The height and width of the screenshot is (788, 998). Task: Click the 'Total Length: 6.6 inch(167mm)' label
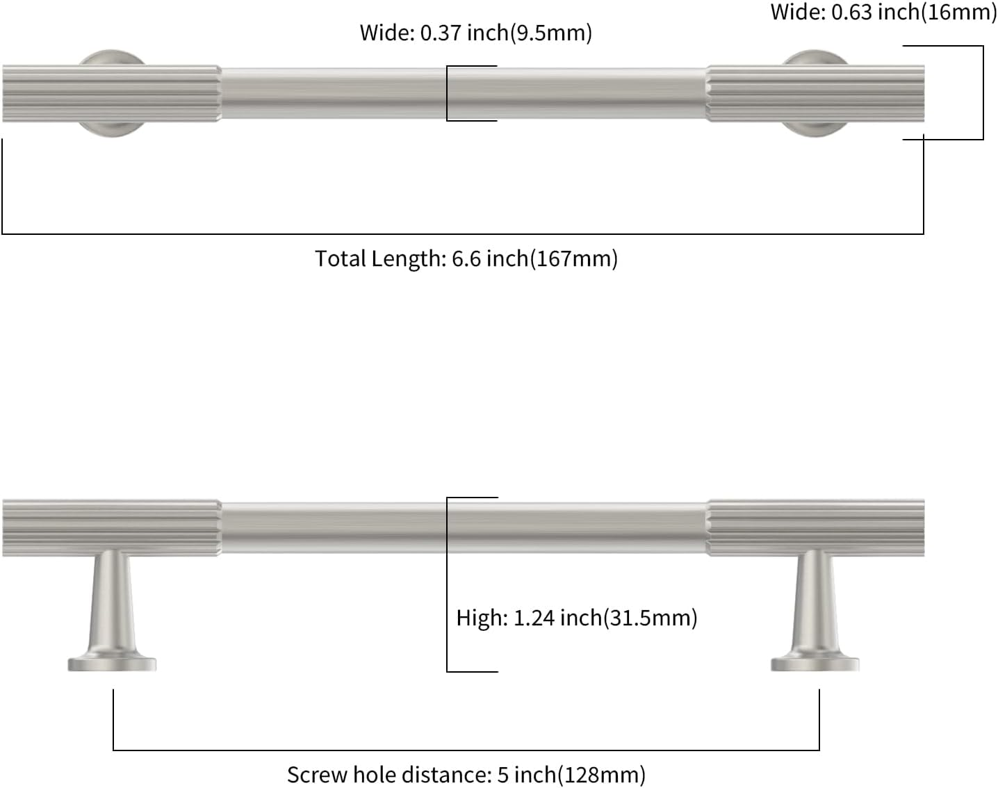point(466,258)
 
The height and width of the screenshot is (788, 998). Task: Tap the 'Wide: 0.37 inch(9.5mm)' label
point(475,33)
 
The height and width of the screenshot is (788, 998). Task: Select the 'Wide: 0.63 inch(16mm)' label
point(883,12)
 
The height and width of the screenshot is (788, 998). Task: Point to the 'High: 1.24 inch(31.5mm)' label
point(576,618)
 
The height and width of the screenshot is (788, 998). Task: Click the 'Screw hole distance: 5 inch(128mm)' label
point(466,774)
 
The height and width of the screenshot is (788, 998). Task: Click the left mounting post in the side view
point(112,605)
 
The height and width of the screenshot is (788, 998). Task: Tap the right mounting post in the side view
point(815,605)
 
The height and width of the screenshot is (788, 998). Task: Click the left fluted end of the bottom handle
point(111,527)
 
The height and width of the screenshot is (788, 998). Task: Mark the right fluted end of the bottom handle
point(815,527)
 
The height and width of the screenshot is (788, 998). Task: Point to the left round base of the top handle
point(111,129)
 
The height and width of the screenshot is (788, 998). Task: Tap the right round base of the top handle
point(815,129)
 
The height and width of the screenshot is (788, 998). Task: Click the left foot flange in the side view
point(112,664)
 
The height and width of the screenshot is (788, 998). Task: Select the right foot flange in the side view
point(815,664)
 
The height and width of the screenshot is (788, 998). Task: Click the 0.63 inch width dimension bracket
point(983,93)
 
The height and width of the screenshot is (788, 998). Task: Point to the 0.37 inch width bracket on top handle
point(448,93)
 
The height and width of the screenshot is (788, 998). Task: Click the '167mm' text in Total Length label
point(573,258)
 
